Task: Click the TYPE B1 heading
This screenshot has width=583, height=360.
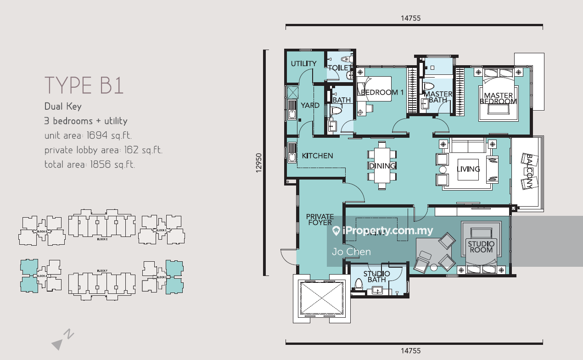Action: (x=84, y=85)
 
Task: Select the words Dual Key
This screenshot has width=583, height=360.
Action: (x=63, y=107)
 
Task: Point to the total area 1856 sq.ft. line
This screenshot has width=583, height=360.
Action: (x=90, y=164)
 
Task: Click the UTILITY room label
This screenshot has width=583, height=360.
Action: (x=303, y=63)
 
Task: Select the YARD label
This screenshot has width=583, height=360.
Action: (x=310, y=106)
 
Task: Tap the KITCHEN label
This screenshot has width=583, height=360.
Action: (x=317, y=156)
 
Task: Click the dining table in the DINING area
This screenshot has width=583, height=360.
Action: (x=382, y=165)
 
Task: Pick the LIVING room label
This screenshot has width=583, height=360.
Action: (x=468, y=169)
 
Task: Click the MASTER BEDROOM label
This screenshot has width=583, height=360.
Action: (x=498, y=99)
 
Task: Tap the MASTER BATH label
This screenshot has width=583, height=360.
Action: (x=438, y=97)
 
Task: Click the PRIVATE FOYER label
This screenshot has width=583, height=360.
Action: (x=320, y=219)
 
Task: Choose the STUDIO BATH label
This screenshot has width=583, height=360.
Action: (x=376, y=276)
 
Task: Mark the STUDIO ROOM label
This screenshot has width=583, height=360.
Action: (x=481, y=247)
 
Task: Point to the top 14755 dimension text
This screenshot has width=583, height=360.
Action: (x=410, y=18)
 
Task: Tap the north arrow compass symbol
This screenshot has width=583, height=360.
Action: (x=62, y=339)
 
